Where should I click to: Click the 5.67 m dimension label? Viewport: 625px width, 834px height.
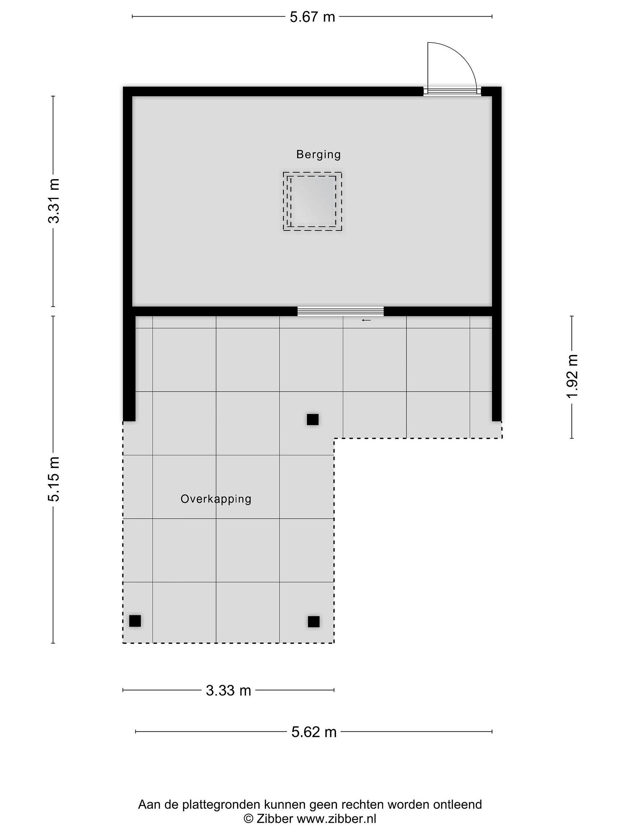coord(312,17)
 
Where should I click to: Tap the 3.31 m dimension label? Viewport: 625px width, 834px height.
coord(54,201)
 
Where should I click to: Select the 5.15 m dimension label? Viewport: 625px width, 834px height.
coord(54,479)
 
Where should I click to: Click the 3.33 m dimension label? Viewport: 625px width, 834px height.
coord(228,690)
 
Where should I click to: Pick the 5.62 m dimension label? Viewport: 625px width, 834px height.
coord(314,732)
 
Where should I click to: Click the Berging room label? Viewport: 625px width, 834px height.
coord(318,155)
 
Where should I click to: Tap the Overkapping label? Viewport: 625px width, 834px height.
coord(216,499)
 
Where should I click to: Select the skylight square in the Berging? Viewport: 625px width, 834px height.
coord(312,201)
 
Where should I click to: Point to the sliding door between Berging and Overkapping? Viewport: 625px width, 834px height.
coord(341,311)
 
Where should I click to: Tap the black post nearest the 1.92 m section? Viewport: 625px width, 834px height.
coord(312,419)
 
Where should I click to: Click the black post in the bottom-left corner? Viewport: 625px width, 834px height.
coord(135,621)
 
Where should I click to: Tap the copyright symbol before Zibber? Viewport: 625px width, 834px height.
coord(248,819)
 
